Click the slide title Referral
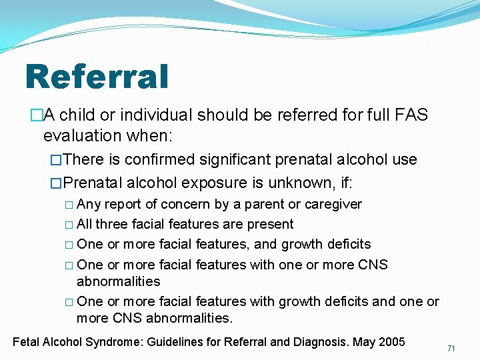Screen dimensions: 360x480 (x=97, y=76)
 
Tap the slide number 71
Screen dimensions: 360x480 (x=451, y=349)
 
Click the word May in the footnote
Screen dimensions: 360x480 (x=363, y=342)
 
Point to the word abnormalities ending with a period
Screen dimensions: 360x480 (x=189, y=318)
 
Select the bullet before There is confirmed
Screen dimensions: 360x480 (x=56, y=160)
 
